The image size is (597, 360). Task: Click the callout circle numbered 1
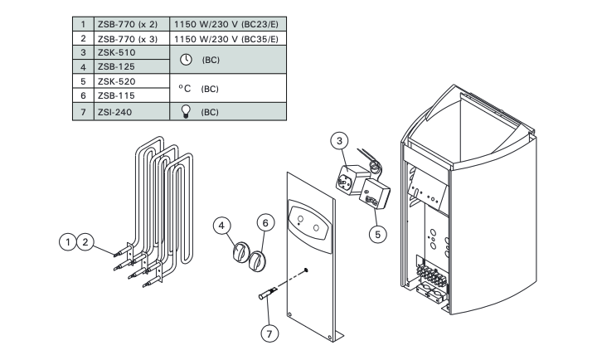pyautogui.click(x=66, y=241)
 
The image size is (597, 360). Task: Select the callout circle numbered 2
pyautogui.click(x=84, y=241)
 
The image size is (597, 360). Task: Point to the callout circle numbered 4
pyautogui.click(x=221, y=225)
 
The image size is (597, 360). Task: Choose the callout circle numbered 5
pyautogui.click(x=377, y=234)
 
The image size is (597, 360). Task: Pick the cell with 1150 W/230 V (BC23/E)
pyautogui.click(x=228, y=23)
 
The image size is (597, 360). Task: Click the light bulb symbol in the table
pyautogui.click(x=186, y=110)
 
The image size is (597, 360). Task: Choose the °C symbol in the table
pyautogui.click(x=185, y=88)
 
